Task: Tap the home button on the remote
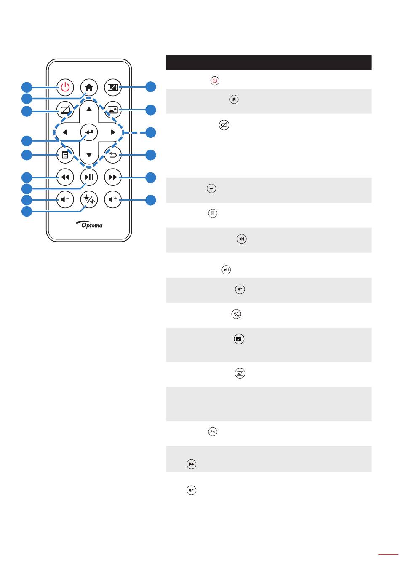point(89,87)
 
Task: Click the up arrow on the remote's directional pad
point(89,109)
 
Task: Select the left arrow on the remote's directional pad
point(64,132)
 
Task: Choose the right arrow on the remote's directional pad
point(113,132)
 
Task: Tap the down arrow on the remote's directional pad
point(89,155)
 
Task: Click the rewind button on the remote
point(65,177)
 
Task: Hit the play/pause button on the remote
point(89,177)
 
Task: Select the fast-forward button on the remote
point(112,177)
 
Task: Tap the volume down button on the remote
point(65,199)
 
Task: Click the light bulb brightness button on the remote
point(89,199)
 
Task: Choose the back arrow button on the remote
point(112,155)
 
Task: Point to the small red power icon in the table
point(215,81)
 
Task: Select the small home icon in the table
point(234,99)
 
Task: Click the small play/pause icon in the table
point(226,270)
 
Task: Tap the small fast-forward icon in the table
point(191,464)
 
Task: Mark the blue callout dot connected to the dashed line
point(150,132)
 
